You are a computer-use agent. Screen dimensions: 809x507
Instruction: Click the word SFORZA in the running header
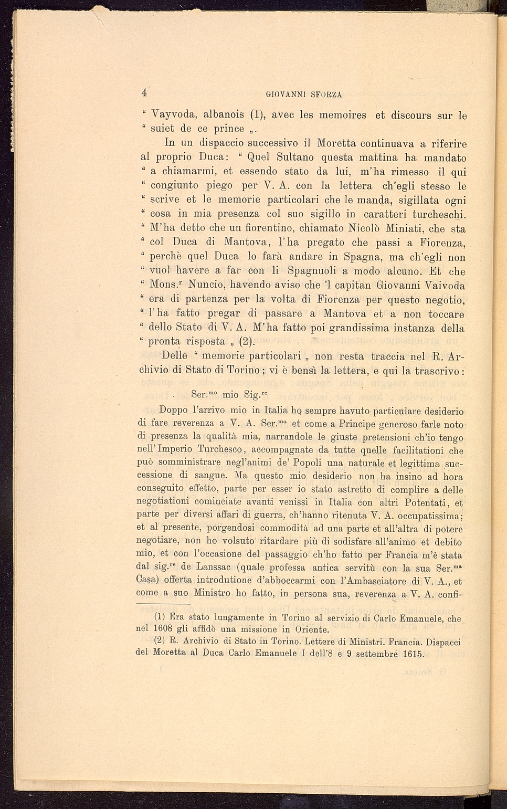326,95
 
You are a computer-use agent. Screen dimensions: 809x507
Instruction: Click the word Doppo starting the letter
173,411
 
